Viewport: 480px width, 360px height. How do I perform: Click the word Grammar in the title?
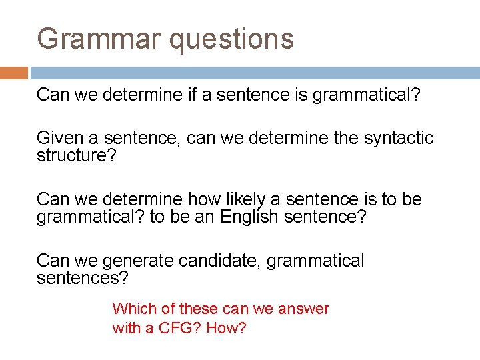[99, 39]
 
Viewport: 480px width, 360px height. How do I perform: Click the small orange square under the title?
[13, 73]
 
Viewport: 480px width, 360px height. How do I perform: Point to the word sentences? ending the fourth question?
[82, 277]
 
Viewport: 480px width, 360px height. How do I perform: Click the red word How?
[226, 329]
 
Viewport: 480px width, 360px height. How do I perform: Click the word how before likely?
[199, 199]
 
